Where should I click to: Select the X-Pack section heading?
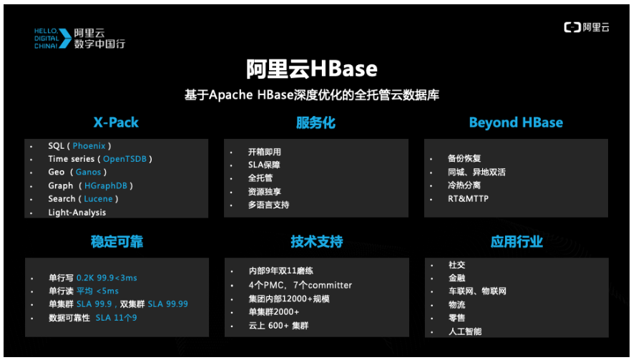116,122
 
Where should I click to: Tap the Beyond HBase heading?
515,122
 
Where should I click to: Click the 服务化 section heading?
315,122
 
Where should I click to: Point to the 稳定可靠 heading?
117,242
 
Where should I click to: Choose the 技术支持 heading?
316,242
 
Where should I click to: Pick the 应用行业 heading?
516,242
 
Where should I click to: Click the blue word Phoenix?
89,146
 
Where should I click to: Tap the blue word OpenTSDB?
126,159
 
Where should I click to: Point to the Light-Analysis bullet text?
77,213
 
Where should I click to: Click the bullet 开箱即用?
264,152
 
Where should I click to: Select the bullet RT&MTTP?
468,198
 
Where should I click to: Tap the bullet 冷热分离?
464,185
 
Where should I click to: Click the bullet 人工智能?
465,331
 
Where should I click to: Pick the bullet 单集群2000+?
273,312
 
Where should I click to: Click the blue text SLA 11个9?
116,317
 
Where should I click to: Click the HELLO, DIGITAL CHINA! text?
51,38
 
